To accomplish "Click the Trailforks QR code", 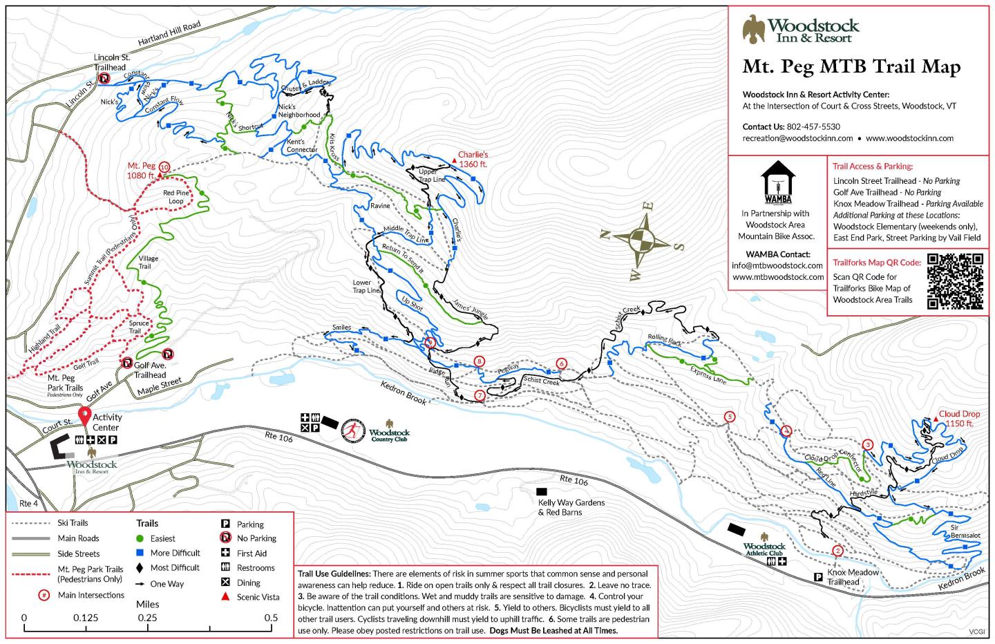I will click(x=954, y=281).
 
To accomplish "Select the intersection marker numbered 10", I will click(x=164, y=167).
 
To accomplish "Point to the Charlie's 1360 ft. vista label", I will click(x=473, y=160).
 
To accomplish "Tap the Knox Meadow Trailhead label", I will click(x=853, y=577).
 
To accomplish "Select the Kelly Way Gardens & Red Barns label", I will click(x=571, y=507).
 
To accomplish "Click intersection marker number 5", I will click(x=729, y=417).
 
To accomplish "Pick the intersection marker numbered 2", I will click(x=837, y=551).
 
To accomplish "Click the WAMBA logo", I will click(x=776, y=183).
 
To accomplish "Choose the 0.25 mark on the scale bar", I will click(x=147, y=618).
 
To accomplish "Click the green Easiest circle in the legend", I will click(x=140, y=538).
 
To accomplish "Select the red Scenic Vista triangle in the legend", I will click(x=225, y=597).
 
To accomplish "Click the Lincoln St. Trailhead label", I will click(x=112, y=62).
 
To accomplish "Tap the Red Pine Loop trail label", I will click(x=176, y=197).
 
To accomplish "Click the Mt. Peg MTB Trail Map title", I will click(x=851, y=67).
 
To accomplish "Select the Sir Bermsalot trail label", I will click(x=965, y=531).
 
